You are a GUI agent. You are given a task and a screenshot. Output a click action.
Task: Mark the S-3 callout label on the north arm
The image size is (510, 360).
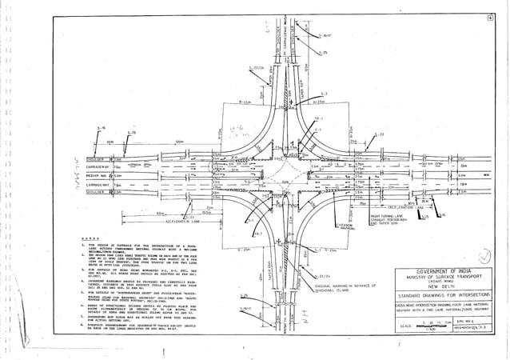[323, 94]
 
